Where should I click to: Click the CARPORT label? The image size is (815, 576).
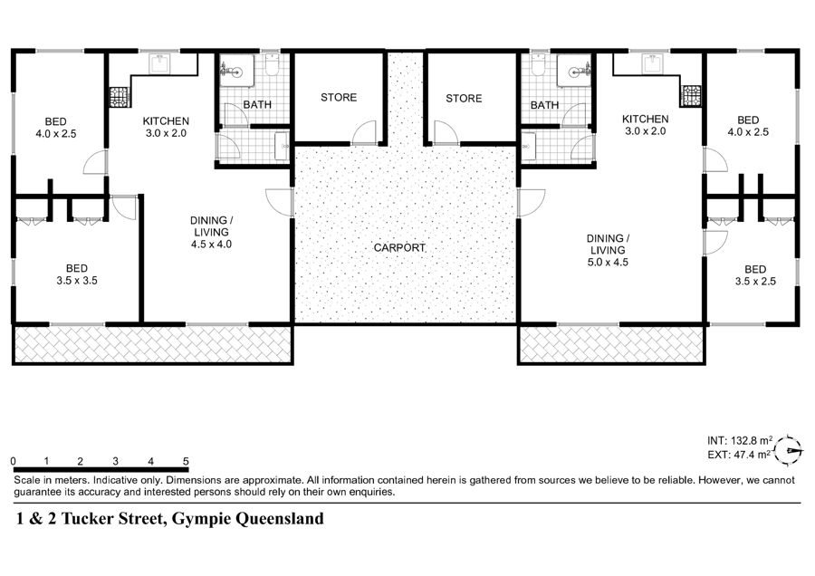click(x=399, y=248)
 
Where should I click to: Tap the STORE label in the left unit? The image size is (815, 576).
click(x=339, y=97)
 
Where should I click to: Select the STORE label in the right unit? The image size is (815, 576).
click(x=464, y=98)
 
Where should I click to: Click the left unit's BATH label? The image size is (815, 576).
click(x=257, y=104)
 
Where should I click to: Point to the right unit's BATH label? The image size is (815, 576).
click(x=544, y=105)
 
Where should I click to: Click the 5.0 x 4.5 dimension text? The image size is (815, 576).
click(x=608, y=263)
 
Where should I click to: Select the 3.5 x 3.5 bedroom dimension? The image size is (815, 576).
click(x=77, y=281)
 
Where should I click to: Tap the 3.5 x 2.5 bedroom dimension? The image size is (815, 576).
click(x=755, y=282)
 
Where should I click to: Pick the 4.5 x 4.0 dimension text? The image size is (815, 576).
click(x=211, y=245)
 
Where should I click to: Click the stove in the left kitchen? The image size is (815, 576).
click(x=119, y=97)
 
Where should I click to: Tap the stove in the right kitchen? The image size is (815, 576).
click(x=693, y=96)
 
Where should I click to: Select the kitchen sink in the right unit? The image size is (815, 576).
click(x=651, y=63)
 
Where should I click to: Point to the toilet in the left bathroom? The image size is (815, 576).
click(x=272, y=64)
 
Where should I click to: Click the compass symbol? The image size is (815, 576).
click(x=789, y=450)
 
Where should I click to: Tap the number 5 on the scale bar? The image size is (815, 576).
click(x=186, y=461)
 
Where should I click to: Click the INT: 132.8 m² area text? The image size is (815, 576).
click(x=740, y=440)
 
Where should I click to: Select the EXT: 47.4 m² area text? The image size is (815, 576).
click(x=739, y=455)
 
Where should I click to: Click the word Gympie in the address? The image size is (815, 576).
click(x=201, y=519)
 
